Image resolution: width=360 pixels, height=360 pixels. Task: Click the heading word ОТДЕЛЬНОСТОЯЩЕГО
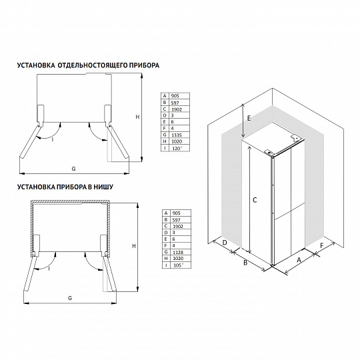point(92,65)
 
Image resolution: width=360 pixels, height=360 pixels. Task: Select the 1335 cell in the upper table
point(177,135)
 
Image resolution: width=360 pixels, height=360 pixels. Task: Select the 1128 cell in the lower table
point(178,252)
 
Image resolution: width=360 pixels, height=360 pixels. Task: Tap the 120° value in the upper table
point(177,148)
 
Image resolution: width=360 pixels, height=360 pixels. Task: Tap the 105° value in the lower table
point(178,265)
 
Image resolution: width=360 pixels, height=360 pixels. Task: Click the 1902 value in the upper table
point(177,109)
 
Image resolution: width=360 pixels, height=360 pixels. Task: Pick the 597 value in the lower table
point(176,220)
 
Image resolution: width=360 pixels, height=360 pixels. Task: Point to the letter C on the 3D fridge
point(255,200)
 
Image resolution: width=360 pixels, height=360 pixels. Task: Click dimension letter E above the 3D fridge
point(249,119)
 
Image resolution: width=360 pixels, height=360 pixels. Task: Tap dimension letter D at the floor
point(225,243)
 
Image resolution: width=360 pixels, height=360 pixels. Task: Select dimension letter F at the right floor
point(321,245)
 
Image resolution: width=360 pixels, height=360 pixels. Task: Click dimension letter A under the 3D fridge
point(299,260)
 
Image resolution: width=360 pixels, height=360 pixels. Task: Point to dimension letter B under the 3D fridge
point(245,263)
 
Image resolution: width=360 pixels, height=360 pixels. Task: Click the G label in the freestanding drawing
point(73,169)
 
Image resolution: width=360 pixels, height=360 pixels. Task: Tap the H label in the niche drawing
point(134,246)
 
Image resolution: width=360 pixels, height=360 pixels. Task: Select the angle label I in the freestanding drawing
point(53,139)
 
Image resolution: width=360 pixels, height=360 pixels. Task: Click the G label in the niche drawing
point(70,298)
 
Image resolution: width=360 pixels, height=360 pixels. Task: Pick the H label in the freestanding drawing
point(137,117)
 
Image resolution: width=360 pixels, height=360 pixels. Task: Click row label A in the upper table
point(165,96)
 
